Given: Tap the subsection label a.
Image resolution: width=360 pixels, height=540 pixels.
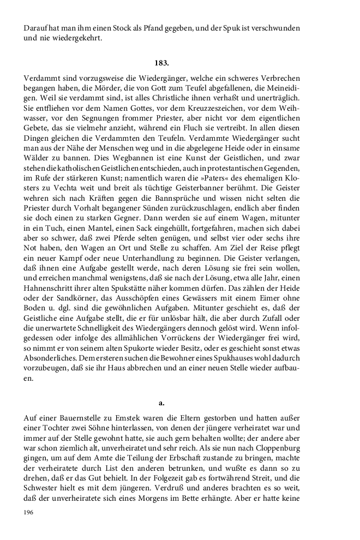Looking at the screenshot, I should point(161,403).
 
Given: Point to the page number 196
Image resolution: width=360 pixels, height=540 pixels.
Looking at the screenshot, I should point(29,512).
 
